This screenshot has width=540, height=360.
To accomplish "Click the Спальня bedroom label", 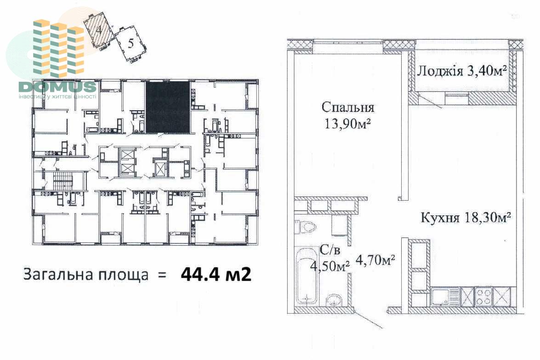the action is (x=348, y=107).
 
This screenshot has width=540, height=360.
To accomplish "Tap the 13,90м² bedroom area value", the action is (x=347, y=123).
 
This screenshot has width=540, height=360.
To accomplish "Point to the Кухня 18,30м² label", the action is (x=466, y=217).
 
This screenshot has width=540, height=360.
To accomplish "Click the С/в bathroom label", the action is (x=330, y=250).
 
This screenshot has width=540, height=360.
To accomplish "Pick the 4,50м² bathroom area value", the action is (x=330, y=265).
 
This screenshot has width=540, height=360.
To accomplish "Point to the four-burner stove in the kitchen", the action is (x=483, y=296).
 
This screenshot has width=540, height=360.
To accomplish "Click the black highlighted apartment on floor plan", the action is (x=168, y=107).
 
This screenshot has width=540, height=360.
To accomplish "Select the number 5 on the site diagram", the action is (x=131, y=44).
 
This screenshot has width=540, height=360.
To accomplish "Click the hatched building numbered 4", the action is (x=99, y=29).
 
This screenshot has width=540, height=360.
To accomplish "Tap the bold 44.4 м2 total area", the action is (x=216, y=274).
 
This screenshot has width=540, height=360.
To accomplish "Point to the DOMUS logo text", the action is (x=57, y=86).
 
